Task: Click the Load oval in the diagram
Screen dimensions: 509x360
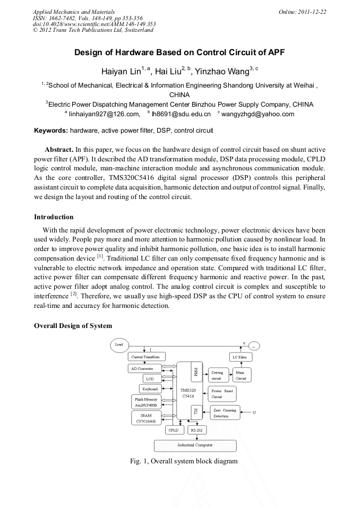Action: pyautogui.click(x=119, y=344)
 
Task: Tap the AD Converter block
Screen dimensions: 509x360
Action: pyautogui.click(x=143, y=368)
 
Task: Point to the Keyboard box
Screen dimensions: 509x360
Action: pyautogui.click(x=150, y=389)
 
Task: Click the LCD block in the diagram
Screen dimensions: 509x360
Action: pyautogui.click(x=150, y=379)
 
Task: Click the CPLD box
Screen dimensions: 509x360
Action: pyautogui.click(x=173, y=430)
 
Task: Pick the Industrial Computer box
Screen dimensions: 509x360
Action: pyautogui.click(x=195, y=445)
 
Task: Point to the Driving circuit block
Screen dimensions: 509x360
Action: pyautogui.click(x=218, y=375)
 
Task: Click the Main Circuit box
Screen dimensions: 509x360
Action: pyautogui.click(x=241, y=375)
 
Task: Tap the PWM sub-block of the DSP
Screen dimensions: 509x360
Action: pyautogui.click(x=195, y=370)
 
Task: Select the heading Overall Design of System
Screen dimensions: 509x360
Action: pyautogui.click(x=73, y=325)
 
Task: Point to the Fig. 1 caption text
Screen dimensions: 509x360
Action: pyautogui.click(x=183, y=461)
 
